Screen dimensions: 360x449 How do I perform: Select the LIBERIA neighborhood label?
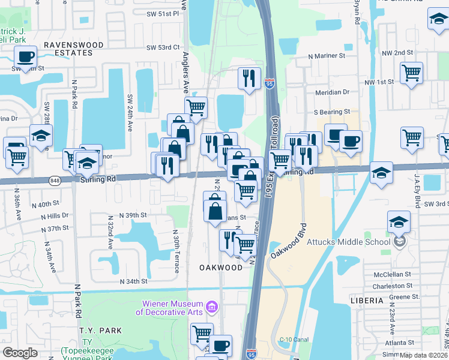[x=366, y=300]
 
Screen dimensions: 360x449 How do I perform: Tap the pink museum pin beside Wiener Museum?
[x=211, y=307]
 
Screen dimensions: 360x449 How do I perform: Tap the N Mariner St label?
[x=327, y=55]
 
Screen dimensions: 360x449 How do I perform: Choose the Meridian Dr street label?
[x=332, y=92]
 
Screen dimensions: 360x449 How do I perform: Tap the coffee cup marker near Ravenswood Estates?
[x=25, y=58]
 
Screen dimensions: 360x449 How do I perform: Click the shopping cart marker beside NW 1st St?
[x=411, y=73]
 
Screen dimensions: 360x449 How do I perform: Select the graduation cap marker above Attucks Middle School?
[x=399, y=223]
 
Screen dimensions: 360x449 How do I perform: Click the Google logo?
[x=20, y=352]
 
